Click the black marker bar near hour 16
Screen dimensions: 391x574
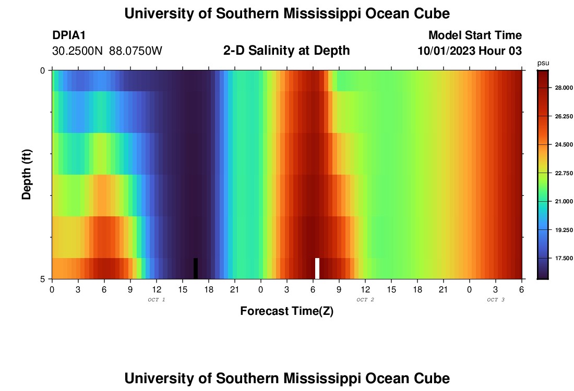(x=196, y=268)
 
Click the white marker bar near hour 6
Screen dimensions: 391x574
(x=317, y=268)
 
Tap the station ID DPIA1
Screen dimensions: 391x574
(x=69, y=35)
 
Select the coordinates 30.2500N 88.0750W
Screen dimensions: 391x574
(x=107, y=51)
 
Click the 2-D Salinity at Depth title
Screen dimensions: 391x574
(x=286, y=51)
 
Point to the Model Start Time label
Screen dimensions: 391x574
(x=475, y=35)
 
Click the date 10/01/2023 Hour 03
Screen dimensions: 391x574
(x=470, y=51)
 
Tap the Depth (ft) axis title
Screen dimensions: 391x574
(x=27, y=174)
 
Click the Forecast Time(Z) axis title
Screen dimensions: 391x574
(x=286, y=311)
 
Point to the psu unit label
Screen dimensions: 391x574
(x=543, y=63)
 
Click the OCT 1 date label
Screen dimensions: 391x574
(x=157, y=300)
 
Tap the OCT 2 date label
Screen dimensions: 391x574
(x=365, y=300)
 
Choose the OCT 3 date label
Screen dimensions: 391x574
(x=496, y=300)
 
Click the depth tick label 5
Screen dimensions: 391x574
(x=43, y=279)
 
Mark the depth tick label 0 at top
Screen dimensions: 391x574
(x=43, y=70)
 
